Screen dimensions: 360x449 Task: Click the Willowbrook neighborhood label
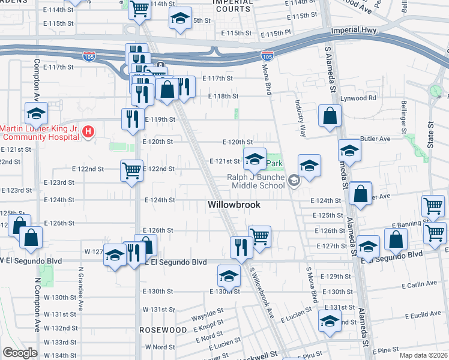click(x=234, y=205)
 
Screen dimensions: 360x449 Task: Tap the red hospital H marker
click(x=88, y=131)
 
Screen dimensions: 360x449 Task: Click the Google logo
click(x=19, y=353)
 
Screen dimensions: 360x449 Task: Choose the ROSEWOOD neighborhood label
click(x=163, y=330)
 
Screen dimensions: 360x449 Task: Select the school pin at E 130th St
click(x=229, y=276)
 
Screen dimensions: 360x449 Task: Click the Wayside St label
click(x=207, y=311)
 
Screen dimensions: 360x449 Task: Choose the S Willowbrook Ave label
click(x=262, y=297)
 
